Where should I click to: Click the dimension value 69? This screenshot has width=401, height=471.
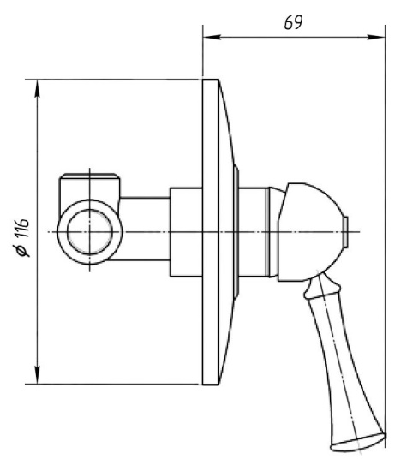293,22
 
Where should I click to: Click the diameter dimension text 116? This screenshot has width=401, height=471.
22,228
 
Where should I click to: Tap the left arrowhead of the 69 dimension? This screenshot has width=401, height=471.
212,37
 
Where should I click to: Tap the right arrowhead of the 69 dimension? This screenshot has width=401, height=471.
376,37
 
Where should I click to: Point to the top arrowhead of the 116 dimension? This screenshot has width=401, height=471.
38,89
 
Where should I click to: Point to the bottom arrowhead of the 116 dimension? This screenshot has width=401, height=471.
38,374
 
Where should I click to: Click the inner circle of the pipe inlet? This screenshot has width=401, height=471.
90,232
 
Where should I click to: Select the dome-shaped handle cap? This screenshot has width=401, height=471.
310,232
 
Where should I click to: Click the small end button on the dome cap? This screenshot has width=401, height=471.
346,232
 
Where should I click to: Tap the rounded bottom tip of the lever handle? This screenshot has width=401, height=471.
357,443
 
